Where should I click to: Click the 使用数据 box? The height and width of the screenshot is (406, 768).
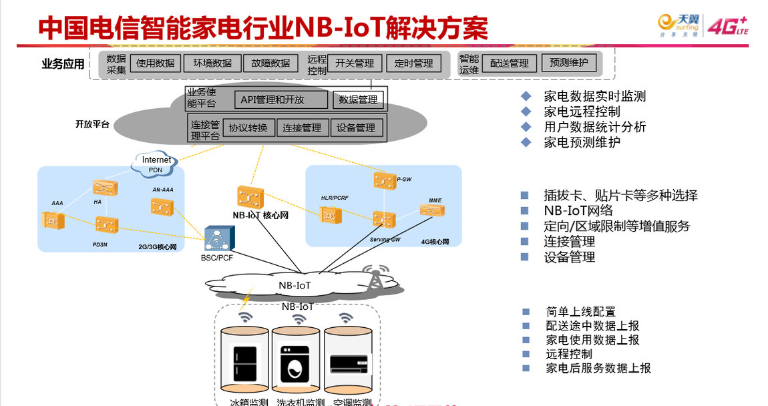[x=156, y=63]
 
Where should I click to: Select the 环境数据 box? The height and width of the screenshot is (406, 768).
[x=212, y=63]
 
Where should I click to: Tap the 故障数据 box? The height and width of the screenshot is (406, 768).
[x=270, y=63]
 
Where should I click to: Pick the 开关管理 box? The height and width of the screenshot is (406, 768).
[x=355, y=63]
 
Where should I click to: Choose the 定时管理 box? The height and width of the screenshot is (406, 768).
[x=413, y=63]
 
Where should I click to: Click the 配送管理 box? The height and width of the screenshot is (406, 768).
[x=509, y=63]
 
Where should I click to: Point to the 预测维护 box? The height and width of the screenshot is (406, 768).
[x=569, y=63]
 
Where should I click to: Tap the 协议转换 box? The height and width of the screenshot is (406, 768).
[x=248, y=128]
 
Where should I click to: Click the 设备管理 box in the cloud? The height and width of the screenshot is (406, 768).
[x=356, y=128]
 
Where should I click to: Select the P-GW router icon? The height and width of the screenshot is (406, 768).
[x=384, y=180]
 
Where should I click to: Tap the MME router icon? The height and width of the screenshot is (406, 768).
[x=431, y=210]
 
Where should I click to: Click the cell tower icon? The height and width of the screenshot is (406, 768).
[x=375, y=278]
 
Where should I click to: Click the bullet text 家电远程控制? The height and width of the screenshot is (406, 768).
[x=582, y=112]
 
